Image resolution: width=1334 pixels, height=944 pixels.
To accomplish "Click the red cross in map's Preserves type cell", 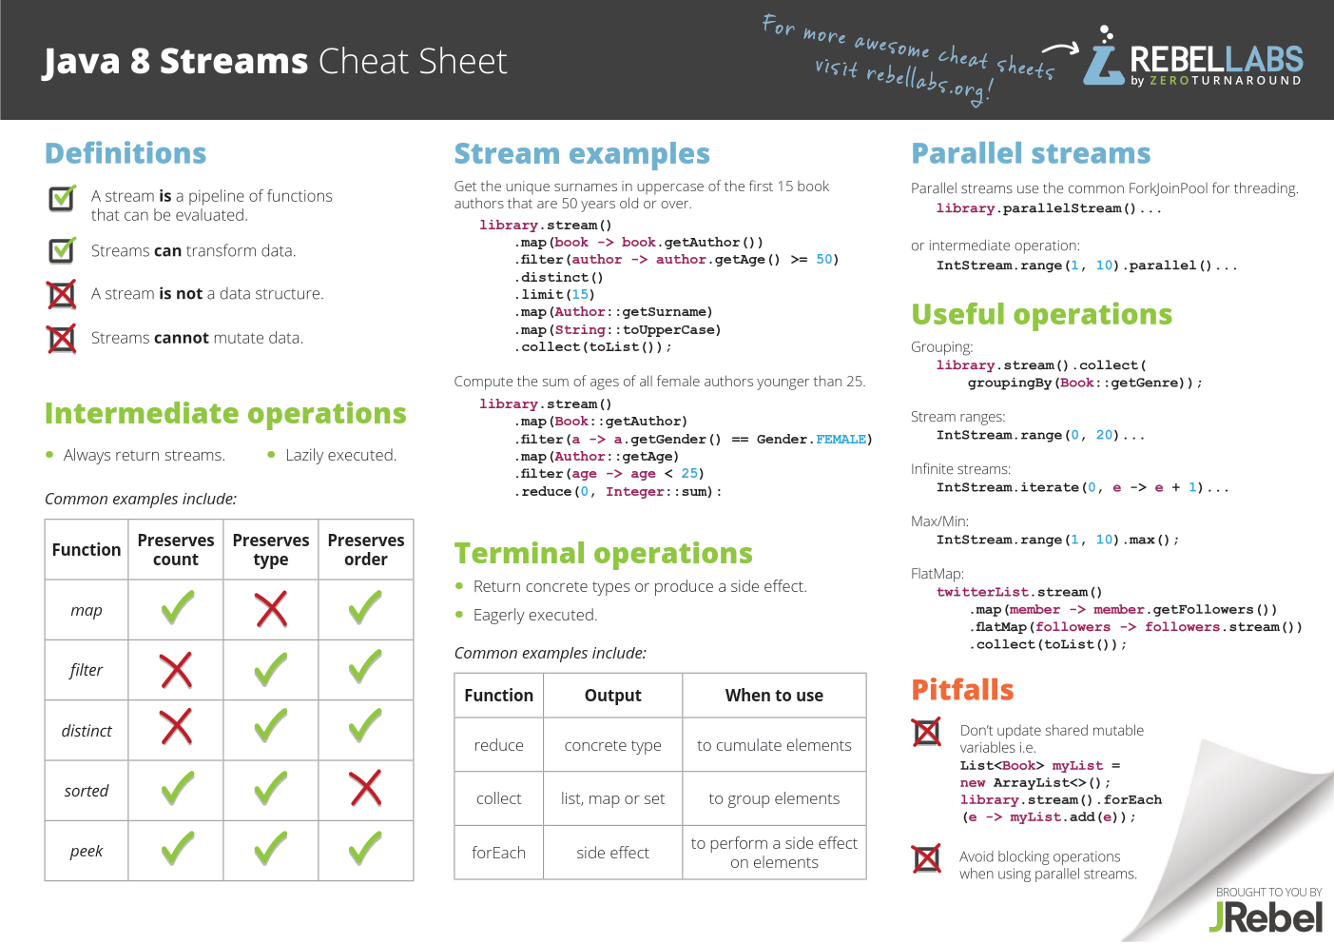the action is click(x=271, y=609).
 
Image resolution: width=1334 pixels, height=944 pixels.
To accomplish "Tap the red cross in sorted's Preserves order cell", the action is click(x=366, y=789).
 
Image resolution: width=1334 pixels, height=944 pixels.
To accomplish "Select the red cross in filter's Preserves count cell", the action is click(x=176, y=670).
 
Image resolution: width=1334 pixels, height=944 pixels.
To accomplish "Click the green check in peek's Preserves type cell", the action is click(x=271, y=848).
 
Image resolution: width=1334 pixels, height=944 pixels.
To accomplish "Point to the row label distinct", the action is click(x=87, y=731).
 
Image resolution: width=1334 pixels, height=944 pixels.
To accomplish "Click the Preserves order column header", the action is click(x=366, y=549).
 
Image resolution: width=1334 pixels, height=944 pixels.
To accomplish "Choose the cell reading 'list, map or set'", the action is click(x=613, y=798).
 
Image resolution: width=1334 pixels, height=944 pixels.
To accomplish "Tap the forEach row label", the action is click(x=498, y=853).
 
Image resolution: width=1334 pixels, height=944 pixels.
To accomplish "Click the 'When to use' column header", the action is click(x=774, y=696).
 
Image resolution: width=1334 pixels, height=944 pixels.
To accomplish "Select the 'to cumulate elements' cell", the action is click(x=774, y=745).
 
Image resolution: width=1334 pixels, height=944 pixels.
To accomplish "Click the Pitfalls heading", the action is click(x=962, y=690).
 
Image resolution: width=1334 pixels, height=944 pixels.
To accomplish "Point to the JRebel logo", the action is click(x=1266, y=916).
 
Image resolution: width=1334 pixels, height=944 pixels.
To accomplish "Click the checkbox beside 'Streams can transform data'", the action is click(x=62, y=250).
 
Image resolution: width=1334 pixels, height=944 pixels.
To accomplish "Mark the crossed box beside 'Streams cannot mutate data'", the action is click(x=62, y=339).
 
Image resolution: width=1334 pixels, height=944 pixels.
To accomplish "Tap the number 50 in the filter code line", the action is click(x=824, y=259).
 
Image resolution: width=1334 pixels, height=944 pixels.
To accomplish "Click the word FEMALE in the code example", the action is click(x=841, y=440).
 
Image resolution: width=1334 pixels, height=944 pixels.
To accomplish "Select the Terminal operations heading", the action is click(x=603, y=554).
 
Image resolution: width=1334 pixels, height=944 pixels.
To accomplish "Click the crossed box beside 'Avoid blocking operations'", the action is click(x=927, y=858).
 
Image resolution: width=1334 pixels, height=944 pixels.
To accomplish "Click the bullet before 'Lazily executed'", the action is click(x=272, y=455).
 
